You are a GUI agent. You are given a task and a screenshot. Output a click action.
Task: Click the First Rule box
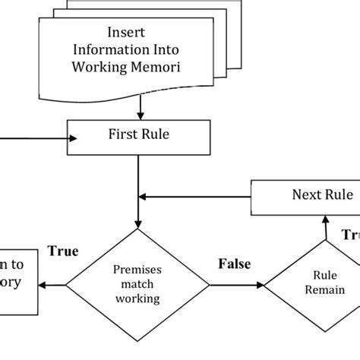click(137, 137)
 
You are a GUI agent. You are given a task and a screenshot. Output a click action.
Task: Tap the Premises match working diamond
click(137, 284)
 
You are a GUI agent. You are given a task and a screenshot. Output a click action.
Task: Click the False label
click(235, 264)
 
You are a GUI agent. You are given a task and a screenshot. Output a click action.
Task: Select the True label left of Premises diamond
click(63, 251)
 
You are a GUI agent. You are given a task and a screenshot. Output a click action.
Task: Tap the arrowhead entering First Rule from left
click(74, 138)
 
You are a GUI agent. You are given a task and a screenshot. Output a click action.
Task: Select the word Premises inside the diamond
click(137, 270)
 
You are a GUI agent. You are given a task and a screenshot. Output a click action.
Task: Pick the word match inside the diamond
click(137, 284)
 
